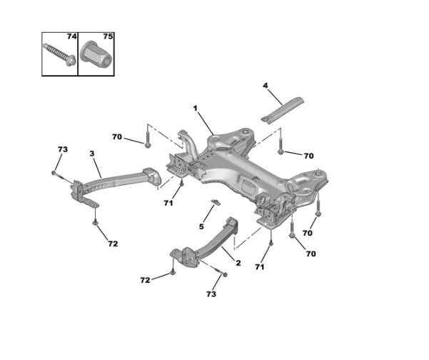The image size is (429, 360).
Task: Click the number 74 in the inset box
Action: (x=71, y=36)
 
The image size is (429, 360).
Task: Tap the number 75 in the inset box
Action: (x=107, y=36)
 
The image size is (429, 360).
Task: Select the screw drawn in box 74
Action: (x=57, y=55)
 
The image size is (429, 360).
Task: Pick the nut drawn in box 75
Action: (x=95, y=56)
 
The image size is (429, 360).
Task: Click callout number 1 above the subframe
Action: (x=194, y=108)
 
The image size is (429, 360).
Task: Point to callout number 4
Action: (x=266, y=86)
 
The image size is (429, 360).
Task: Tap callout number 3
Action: (x=91, y=153)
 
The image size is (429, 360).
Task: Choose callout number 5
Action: (x=201, y=226)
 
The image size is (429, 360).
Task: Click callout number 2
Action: (x=238, y=263)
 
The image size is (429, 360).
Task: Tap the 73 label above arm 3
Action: (x=62, y=149)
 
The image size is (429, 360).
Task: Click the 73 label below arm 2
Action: (x=210, y=294)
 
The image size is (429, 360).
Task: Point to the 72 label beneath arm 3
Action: (x=112, y=244)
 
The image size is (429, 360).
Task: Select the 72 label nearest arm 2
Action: (x=145, y=280)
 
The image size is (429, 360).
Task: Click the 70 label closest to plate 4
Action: (x=308, y=156)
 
